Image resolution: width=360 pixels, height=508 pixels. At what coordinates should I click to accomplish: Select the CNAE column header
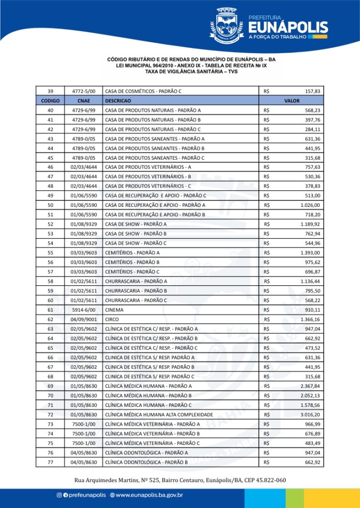[83, 101]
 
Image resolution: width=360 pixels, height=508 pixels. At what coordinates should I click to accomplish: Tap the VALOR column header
[291, 101]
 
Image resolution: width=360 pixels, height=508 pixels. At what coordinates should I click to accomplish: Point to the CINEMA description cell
[114, 310]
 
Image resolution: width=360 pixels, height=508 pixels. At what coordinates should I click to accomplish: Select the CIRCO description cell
[112, 319]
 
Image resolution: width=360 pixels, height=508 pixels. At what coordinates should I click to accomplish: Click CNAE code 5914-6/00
[83, 310]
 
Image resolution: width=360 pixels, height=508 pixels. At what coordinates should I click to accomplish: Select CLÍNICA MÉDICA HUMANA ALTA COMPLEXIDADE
[159, 414]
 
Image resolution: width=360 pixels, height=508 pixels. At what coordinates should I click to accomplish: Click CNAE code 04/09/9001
[83, 319]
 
